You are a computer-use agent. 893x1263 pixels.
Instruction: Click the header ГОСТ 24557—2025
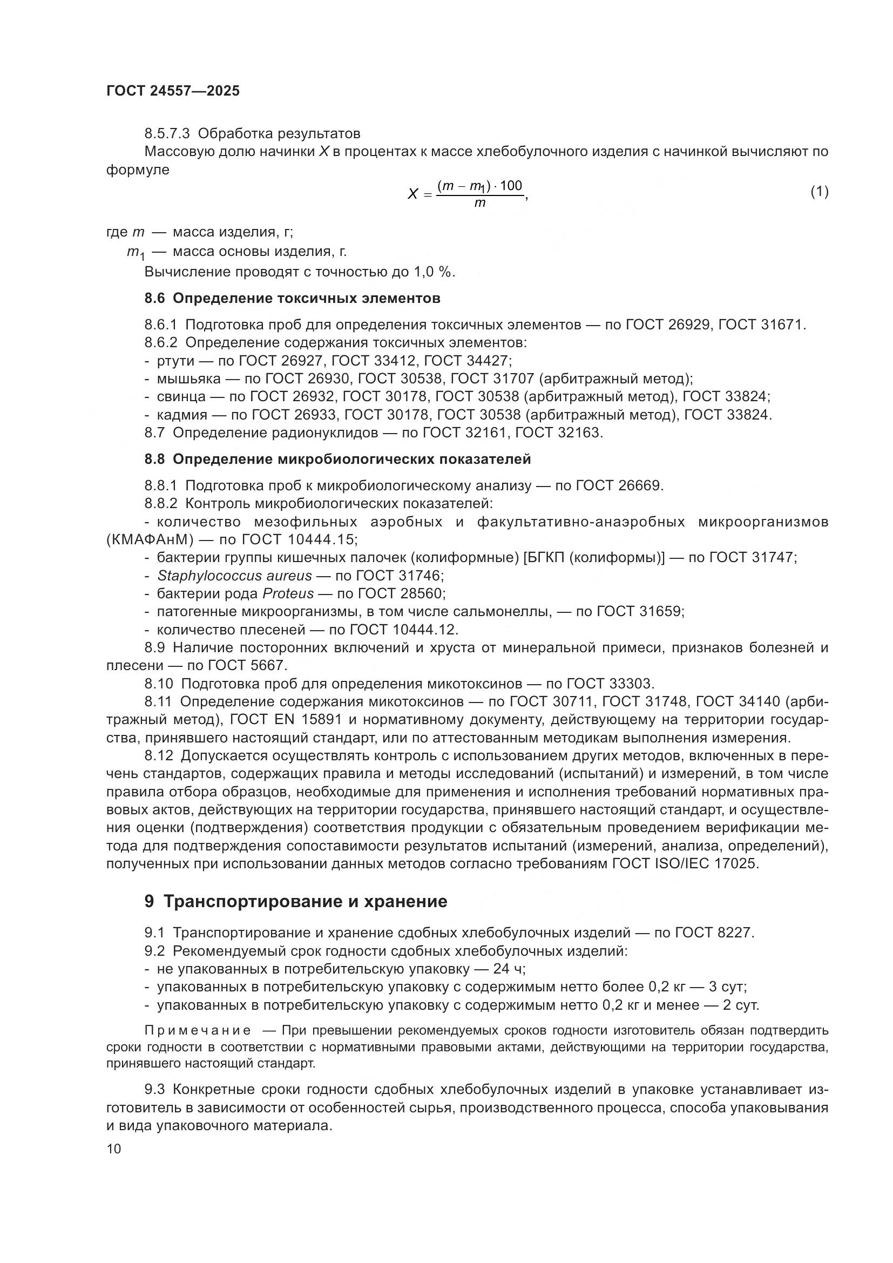click(x=173, y=91)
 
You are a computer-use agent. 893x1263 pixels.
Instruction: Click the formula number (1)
click(x=819, y=192)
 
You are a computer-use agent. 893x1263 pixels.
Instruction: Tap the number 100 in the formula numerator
click(x=511, y=186)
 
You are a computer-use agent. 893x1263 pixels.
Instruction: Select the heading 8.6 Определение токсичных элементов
click(x=292, y=299)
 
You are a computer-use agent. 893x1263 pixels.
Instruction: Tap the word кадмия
click(x=182, y=415)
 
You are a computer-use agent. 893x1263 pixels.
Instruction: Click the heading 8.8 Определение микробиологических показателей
click(x=337, y=460)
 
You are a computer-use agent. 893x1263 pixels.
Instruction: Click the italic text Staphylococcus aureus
click(x=234, y=576)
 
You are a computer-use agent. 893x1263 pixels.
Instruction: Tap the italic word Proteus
click(x=288, y=594)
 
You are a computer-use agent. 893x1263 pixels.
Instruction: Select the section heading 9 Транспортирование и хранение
click(x=296, y=902)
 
